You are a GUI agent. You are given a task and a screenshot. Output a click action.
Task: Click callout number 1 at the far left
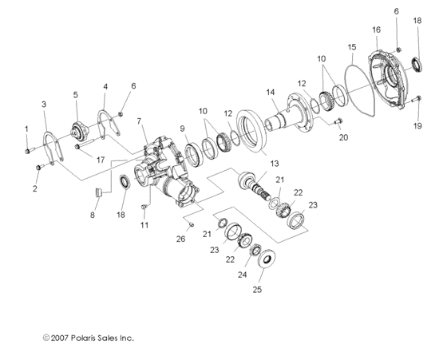26,129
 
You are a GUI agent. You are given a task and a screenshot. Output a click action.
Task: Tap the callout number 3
44,104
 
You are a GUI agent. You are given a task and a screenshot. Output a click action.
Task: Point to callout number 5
76,94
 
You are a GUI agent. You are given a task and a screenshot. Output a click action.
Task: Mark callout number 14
271,92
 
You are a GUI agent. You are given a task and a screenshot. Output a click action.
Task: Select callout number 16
376,30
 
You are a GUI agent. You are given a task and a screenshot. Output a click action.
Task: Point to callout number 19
417,126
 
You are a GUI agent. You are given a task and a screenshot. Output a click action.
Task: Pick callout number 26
180,239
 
